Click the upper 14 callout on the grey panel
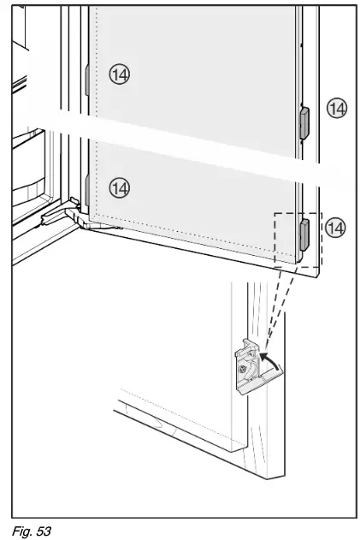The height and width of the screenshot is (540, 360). tap(121, 75)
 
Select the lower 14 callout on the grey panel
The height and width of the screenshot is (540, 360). tap(121, 187)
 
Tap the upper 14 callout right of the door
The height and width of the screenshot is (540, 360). tap(339, 108)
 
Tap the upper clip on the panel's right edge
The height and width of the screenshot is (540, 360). tap(302, 122)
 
